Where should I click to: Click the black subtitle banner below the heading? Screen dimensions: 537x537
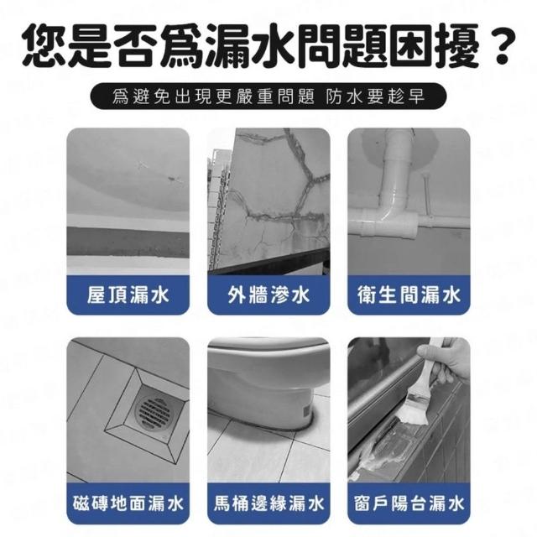(268, 96)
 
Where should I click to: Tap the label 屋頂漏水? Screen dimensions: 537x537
(128, 295)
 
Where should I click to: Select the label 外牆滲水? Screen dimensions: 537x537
(268, 295)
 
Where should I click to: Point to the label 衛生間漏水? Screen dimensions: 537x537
(409, 295)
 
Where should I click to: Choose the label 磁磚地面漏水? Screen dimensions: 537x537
(128, 503)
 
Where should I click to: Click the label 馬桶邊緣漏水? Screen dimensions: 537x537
(268, 503)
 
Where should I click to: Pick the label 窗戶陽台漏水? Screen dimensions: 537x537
(409, 503)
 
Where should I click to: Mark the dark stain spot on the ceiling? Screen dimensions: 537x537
(174, 179)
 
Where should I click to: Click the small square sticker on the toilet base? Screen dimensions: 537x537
(306, 409)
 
